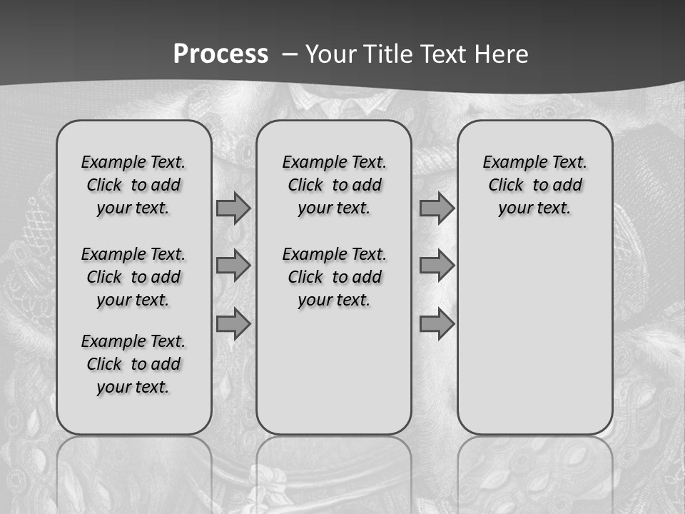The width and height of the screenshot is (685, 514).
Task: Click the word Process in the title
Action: click(x=220, y=54)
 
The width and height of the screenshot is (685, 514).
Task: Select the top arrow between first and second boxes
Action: click(x=233, y=208)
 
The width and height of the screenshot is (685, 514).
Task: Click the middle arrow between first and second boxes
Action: click(x=233, y=266)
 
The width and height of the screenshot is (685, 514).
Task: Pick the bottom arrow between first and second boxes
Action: click(x=233, y=324)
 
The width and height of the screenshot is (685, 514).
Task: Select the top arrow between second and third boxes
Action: click(x=437, y=208)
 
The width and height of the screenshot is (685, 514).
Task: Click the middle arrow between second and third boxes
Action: click(x=437, y=266)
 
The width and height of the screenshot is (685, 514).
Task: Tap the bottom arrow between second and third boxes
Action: click(x=437, y=324)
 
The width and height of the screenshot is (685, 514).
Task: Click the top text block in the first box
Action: click(x=133, y=185)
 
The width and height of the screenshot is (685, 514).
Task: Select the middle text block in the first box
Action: click(x=133, y=277)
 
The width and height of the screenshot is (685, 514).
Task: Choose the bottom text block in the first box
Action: click(x=133, y=364)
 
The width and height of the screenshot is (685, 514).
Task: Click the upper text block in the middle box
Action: click(x=334, y=185)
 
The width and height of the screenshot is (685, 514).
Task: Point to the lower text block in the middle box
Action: click(x=334, y=277)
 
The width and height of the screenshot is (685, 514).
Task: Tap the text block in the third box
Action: click(x=534, y=185)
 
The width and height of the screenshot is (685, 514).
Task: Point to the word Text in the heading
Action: click(x=445, y=54)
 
